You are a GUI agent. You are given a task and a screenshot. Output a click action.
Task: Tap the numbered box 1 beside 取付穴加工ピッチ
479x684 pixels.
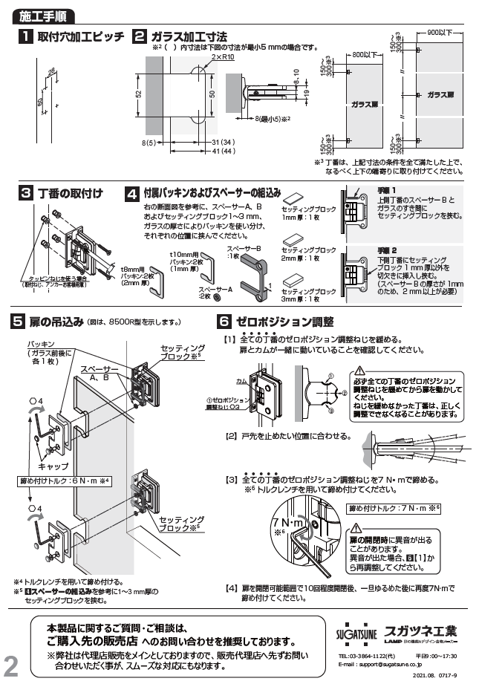point(24,37)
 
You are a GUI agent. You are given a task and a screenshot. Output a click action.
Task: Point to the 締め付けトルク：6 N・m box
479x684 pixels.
point(65,481)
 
